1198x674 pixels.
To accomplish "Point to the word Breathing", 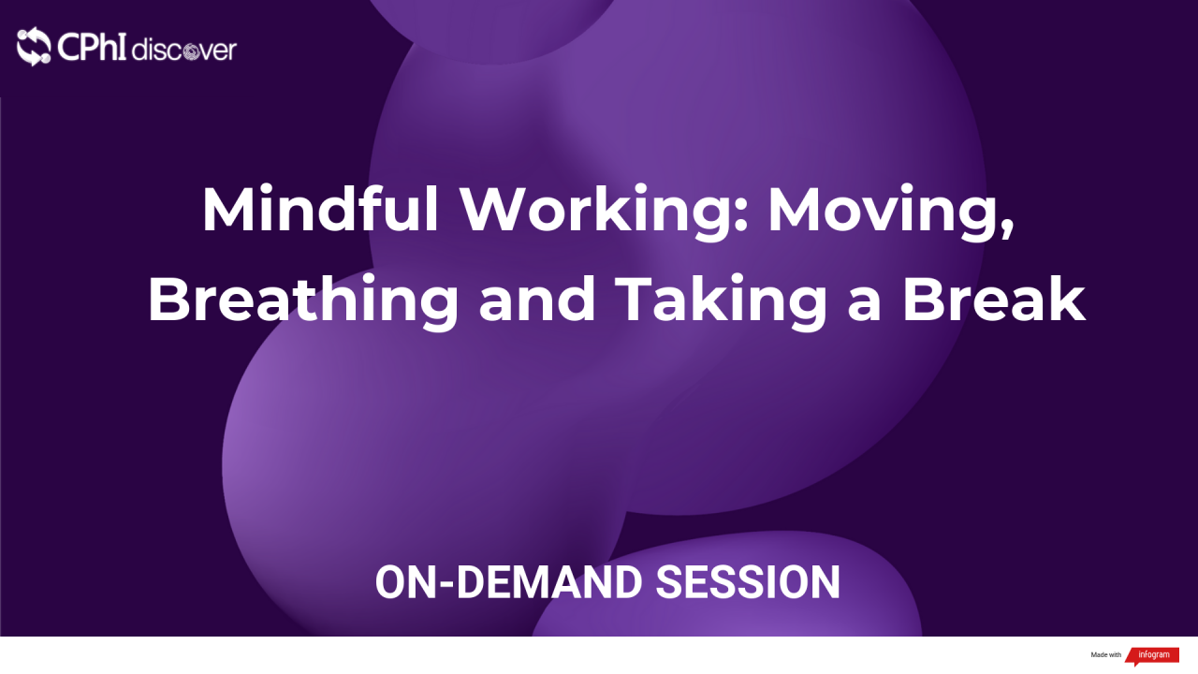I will pyautogui.click(x=303, y=301).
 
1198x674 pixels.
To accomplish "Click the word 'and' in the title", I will pyautogui.click(x=537, y=301).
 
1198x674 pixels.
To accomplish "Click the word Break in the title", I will pyautogui.click(x=993, y=301).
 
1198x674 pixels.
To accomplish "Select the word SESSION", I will pyautogui.click(x=748, y=582).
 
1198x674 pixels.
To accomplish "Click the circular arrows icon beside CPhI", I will pyautogui.click(x=34, y=47).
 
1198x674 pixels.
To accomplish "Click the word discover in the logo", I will pyautogui.click(x=184, y=50).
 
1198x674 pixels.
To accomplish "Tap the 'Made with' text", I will pyautogui.click(x=1105, y=655).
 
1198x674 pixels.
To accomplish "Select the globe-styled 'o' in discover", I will pyautogui.click(x=187, y=51).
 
